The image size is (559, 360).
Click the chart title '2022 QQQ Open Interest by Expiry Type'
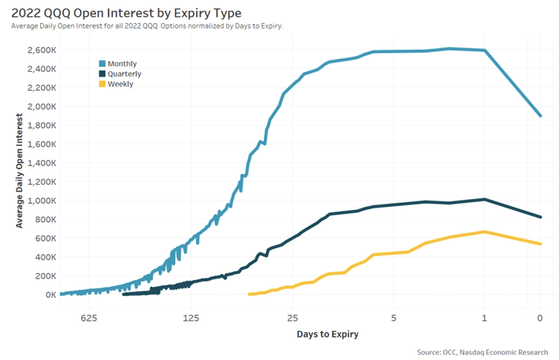[x=126, y=13]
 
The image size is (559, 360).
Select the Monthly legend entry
[x=118, y=64]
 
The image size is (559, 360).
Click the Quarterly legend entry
[x=120, y=74]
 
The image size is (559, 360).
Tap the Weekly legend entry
[x=116, y=84]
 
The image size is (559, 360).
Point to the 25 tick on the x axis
[x=292, y=318]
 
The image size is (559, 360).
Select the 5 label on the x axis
[x=394, y=318]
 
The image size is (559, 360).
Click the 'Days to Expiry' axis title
[x=327, y=334]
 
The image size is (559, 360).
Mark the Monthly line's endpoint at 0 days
[x=540, y=116]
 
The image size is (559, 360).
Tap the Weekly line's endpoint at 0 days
[x=540, y=244]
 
